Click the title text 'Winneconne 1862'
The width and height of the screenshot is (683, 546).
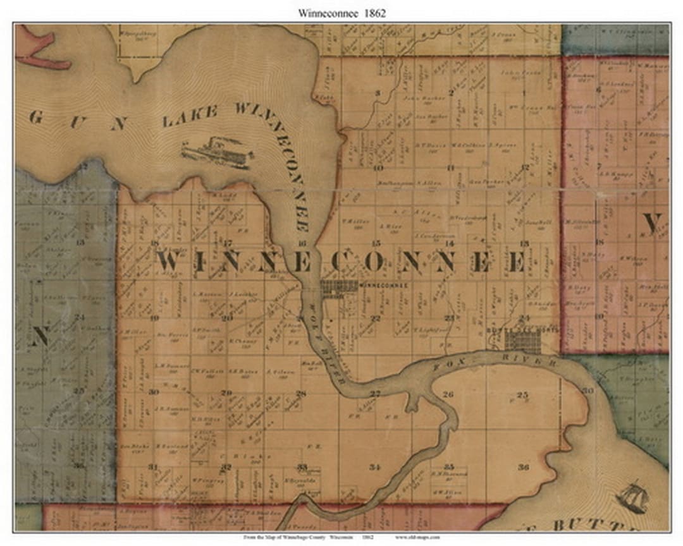pyautogui.click(x=341, y=11)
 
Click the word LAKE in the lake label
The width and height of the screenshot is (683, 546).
pyautogui.click(x=190, y=118)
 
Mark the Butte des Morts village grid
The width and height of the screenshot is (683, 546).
pyautogui.click(x=522, y=342)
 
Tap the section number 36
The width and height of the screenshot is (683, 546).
pyautogui.click(x=523, y=467)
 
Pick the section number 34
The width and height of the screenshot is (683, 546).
pyautogui.click(x=376, y=467)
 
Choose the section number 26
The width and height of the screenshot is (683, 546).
pyautogui.click(x=448, y=394)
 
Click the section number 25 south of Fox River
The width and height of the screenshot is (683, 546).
pyautogui.click(x=522, y=395)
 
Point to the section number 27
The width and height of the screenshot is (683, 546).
pyautogui.click(x=376, y=394)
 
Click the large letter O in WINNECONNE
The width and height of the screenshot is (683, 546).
pyautogui.click(x=368, y=262)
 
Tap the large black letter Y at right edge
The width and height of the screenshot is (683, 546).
pyautogui.click(x=652, y=222)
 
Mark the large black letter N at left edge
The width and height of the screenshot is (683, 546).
pyautogui.click(x=39, y=336)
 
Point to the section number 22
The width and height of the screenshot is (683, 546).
pyautogui.click(x=376, y=318)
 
